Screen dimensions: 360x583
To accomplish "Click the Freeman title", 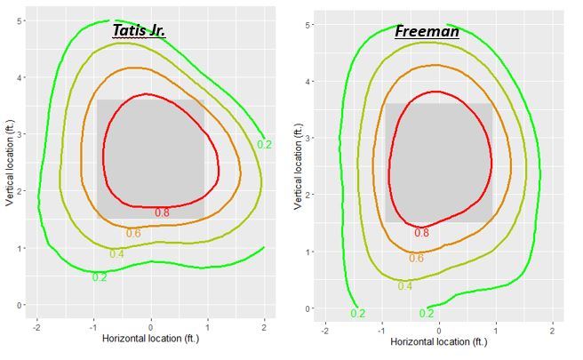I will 427,32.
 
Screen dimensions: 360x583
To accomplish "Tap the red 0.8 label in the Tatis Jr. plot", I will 162,212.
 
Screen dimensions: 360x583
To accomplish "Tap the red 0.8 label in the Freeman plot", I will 421,233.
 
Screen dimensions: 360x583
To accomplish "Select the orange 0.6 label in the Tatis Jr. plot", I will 133,233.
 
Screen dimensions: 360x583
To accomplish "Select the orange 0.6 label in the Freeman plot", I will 416,258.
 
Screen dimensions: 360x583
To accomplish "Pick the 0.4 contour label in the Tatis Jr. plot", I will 116,254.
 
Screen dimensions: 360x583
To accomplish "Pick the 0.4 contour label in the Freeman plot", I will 405,285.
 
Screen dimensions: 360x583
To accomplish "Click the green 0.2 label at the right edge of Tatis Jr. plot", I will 264,144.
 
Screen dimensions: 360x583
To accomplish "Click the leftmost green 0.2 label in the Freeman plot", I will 357,313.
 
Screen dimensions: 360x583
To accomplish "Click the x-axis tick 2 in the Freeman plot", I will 553,329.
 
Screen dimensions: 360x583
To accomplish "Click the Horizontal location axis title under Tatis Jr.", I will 151,339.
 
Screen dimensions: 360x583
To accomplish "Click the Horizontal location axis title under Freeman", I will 439,341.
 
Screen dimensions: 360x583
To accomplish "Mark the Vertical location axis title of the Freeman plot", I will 298,166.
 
